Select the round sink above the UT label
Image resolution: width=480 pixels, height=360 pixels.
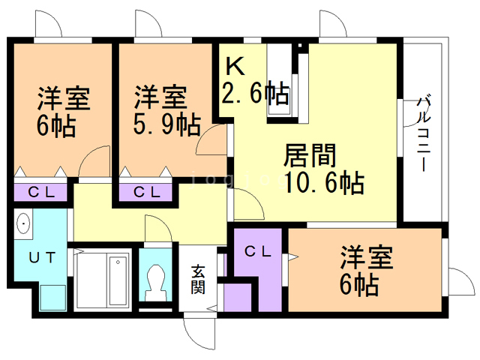23,224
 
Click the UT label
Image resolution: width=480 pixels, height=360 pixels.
42,257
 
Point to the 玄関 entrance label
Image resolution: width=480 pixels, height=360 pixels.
197,279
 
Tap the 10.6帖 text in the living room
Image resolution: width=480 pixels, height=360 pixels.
324,182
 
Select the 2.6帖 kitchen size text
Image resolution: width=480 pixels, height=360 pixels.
255,94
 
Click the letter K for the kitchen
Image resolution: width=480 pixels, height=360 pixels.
235,66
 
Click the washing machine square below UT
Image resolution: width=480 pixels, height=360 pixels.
52,296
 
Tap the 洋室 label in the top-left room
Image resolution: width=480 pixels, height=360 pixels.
64,99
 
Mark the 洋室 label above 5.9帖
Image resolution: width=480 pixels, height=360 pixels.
160,97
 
